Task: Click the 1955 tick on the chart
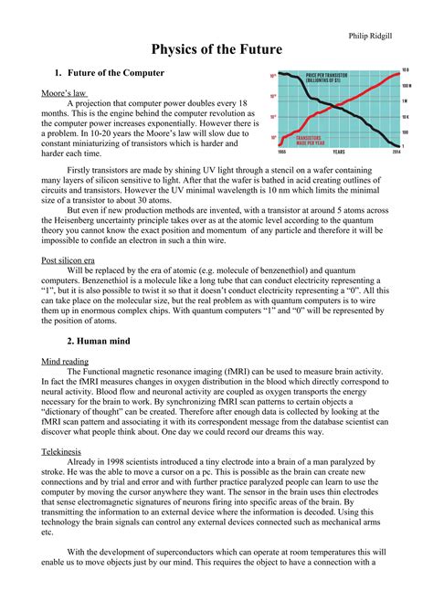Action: [x=283, y=153]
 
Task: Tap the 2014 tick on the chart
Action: [x=395, y=153]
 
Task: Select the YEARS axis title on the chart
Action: [x=338, y=153]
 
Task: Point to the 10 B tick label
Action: [x=407, y=69]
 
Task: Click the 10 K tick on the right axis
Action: [x=407, y=116]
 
